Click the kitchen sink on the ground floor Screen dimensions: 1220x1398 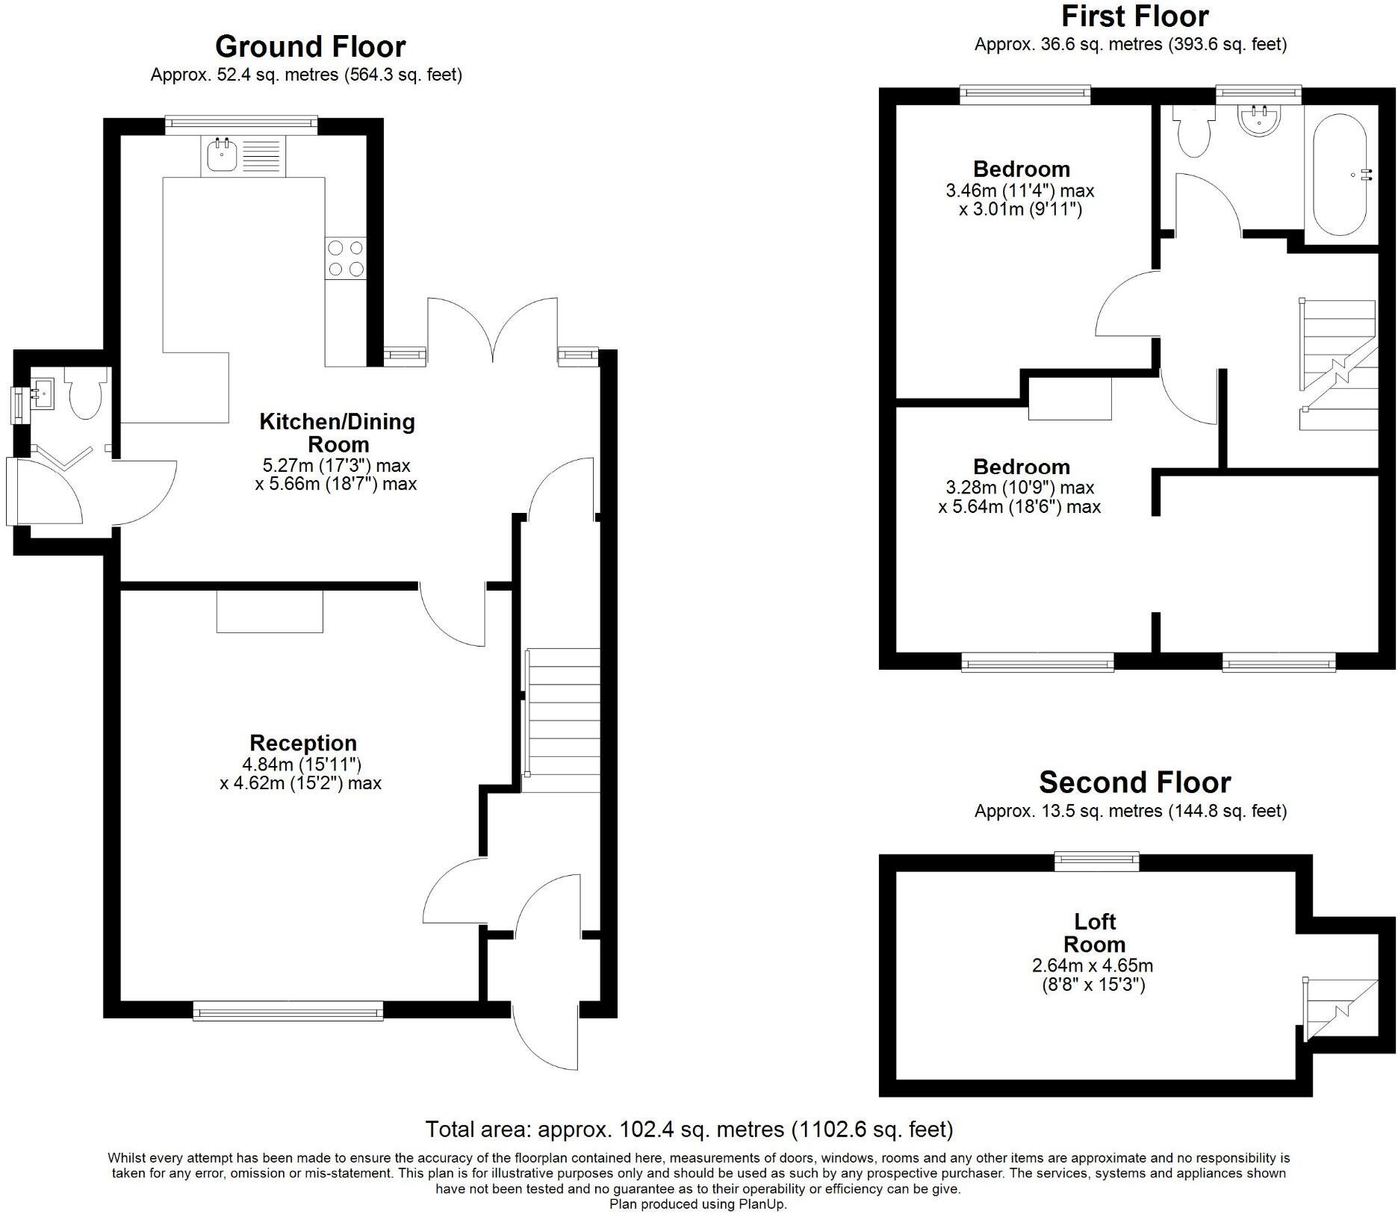(x=222, y=156)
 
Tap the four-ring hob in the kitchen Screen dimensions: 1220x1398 (x=345, y=258)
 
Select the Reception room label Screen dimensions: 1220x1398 (x=303, y=743)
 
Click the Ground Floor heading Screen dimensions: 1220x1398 (x=310, y=47)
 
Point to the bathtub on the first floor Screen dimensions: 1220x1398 (x=1340, y=175)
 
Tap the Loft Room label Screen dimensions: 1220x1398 (x=1094, y=933)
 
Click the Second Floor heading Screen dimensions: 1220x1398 (x=1134, y=782)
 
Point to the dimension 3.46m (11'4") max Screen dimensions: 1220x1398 (x=1019, y=190)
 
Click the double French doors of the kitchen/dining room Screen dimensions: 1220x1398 (x=493, y=329)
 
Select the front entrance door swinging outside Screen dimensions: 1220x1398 (x=545, y=1038)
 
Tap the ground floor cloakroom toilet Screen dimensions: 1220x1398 (x=85, y=396)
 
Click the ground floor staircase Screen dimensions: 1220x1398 (x=562, y=721)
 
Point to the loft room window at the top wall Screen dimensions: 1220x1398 (x=1096, y=862)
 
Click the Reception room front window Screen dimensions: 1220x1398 (x=288, y=1012)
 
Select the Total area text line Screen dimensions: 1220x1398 (x=689, y=1130)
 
